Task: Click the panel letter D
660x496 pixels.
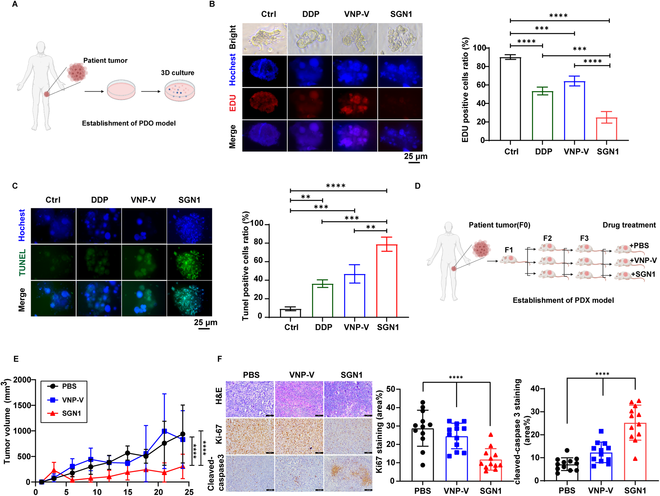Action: click(x=417, y=186)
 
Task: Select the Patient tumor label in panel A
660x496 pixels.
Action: click(x=105, y=60)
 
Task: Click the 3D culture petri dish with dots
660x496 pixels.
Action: click(x=179, y=91)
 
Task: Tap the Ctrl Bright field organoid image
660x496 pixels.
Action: click(x=264, y=39)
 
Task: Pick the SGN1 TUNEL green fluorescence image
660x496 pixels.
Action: click(x=189, y=262)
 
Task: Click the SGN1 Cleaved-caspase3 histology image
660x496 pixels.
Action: click(x=348, y=473)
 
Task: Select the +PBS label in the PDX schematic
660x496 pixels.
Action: click(x=639, y=246)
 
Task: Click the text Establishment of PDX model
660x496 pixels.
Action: click(x=563, y=300)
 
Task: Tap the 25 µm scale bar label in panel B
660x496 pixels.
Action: click(x=415, y=156)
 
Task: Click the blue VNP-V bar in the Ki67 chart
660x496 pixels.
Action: click(x=456, y=458)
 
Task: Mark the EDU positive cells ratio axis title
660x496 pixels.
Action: click(x=465, y=90)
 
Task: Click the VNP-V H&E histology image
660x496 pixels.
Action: click(x=299, y=399)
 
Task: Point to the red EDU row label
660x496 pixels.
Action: click(x=233, y=103)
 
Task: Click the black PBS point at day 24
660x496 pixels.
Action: click(x=182, y=434)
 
